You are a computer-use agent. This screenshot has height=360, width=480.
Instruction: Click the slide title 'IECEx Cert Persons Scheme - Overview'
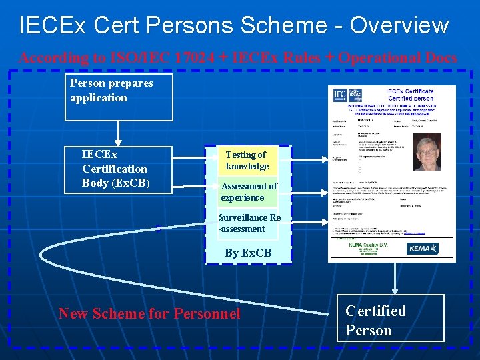pos(234,25)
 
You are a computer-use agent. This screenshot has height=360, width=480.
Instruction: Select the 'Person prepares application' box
pos(118,97)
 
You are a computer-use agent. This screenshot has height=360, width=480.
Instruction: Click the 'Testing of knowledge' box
pos(247,161)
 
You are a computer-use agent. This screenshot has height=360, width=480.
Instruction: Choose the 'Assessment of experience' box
pos(247,192)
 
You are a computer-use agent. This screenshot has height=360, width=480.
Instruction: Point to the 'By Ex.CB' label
pos(248,253)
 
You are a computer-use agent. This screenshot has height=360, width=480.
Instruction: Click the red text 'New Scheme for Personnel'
pos(149,313)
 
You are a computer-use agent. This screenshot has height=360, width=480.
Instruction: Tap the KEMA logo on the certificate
pos(423,248)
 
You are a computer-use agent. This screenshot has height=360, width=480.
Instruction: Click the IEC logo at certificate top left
pos(339,95)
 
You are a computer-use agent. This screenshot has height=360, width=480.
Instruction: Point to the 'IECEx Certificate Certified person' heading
pos(409,95)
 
